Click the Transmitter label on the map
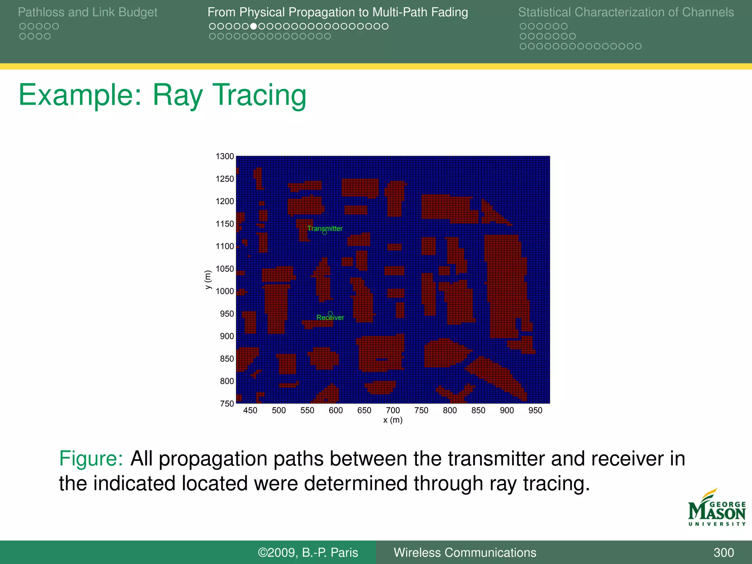point(325,228)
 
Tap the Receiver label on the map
point(330,318)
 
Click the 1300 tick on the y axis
point(225,156)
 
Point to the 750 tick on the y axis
point(227,404)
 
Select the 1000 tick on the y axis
point(225,291)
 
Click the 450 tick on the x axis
point(250,411)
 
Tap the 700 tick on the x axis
point(393,411)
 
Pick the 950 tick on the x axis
point(535,411)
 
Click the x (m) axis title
point(393,420)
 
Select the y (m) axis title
point(208,279)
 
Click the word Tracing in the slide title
point(259,95)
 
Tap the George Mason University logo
point(717,509)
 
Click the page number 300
point(724,553)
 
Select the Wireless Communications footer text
point(465,553)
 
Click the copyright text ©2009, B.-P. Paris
point(308,553)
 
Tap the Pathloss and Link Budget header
point(87,12)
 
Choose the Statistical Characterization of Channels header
point(626,12)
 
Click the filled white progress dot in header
point(253,26)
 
